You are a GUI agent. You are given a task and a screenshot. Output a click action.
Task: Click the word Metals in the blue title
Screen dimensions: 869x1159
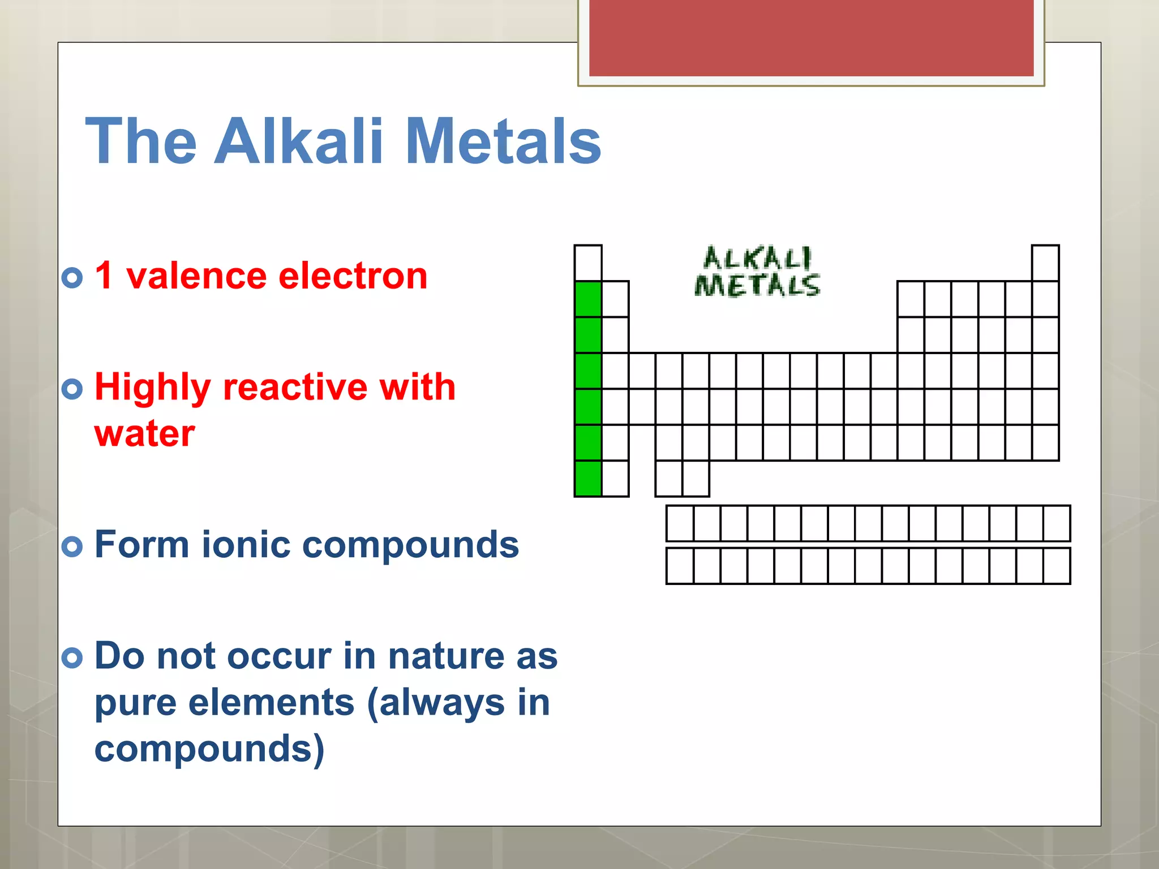[x=503, y=141]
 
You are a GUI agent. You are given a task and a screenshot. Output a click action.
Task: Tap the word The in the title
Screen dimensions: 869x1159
[x=141, y=141]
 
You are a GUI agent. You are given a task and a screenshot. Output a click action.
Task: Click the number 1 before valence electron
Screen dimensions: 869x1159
[x=104, y=276]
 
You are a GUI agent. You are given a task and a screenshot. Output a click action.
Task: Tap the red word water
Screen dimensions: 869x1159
[x=145, y=434]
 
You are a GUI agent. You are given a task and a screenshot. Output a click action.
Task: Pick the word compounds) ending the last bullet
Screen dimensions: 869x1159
[x=209, y=749]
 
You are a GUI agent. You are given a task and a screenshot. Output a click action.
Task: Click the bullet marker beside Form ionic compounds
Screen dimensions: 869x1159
[x=72, y=546]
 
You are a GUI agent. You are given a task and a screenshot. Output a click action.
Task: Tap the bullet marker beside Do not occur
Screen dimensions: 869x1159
[x=72, y=657]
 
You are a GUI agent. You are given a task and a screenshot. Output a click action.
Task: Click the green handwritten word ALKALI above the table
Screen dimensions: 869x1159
[x=757, y=259]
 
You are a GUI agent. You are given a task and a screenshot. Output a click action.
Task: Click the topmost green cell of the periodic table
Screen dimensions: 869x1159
[x=588, y=299]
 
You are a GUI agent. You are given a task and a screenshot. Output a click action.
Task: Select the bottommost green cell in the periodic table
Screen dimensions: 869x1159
[x=588, y=479]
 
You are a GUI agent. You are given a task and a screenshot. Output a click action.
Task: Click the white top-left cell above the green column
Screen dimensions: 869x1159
[x=588, y=263]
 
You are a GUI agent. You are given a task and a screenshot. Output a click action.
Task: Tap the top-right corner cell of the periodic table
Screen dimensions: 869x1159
[x=1045, y=263]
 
